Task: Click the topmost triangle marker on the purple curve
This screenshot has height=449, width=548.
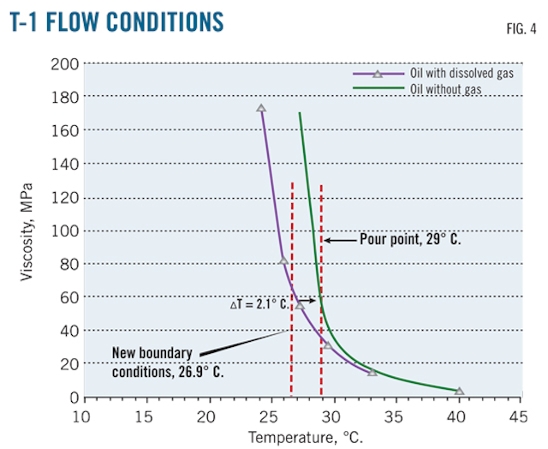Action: click(x=261, y=109)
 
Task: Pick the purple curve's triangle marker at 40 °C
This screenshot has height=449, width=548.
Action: click(x=460, y=392)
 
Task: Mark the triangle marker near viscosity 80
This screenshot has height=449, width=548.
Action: click(x=283, y=261)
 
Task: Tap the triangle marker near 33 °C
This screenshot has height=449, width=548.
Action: click(x=372, y=372)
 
